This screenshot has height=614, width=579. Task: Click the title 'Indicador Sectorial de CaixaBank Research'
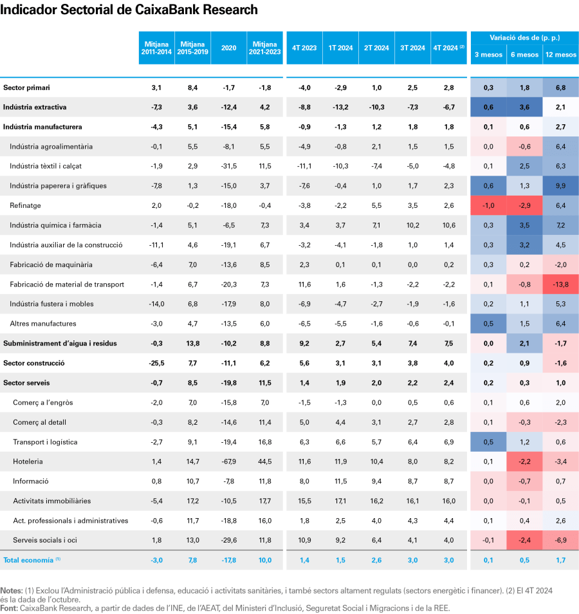coord(129,10)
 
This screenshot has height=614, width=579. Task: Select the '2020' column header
coord(228,48)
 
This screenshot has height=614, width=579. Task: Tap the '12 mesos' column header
coord(561,55)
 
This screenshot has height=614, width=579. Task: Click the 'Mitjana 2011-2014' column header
coord(156,48)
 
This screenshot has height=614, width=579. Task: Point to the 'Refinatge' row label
coord(25,205)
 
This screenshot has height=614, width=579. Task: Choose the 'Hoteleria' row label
coord(28,461)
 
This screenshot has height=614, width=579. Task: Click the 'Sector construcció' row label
coord(34,363)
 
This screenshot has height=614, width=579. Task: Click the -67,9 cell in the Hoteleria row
coord(228,461)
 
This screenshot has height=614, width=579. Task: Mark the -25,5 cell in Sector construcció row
coord(156,363)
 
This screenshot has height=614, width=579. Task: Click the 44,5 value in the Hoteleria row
coord(264,461)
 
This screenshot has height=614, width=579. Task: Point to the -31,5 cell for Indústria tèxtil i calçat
coord(228,166)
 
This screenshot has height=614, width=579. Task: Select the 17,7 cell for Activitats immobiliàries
coord(264,501)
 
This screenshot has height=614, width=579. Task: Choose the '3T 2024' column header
coord(412,48)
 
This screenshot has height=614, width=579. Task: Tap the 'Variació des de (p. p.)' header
coord(525,39)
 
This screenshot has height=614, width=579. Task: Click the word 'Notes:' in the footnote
coord(12,590)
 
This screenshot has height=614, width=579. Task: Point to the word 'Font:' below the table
coord(10,608)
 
